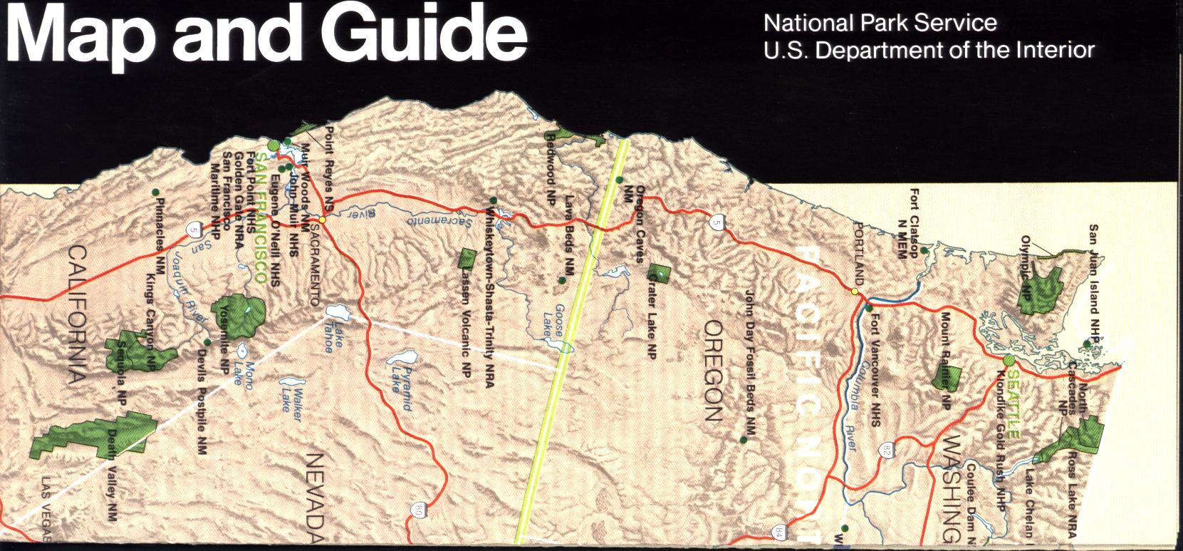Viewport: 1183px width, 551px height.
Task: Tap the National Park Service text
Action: click(x=880, y=23)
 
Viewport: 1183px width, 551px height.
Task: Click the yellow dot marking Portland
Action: click(x=855, y=291)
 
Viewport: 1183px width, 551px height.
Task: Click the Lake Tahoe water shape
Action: click(x=336, y=311)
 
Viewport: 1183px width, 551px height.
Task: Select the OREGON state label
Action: click(x=714, y=370)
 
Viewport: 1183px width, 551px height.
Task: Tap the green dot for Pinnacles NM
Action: click(x=156, y=192)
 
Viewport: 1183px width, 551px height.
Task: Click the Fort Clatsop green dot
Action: click(x=924, y=250)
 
